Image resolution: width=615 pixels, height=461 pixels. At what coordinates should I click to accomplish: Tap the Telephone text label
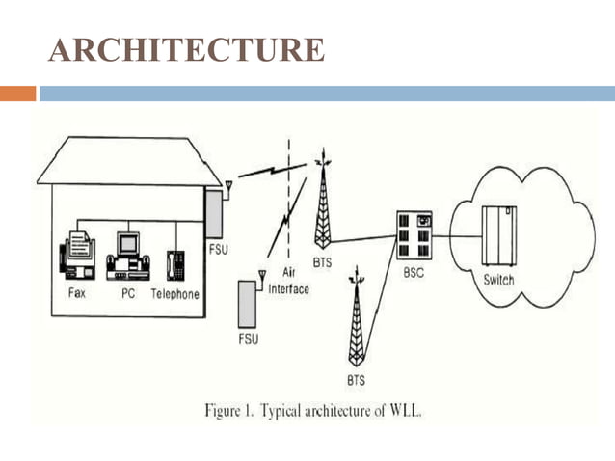175,294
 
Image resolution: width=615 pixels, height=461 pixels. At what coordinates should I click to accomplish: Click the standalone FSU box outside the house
250,303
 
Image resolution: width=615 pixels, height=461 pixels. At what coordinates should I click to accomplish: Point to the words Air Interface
289,282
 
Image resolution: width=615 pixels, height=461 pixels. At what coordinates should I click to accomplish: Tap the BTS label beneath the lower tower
356,379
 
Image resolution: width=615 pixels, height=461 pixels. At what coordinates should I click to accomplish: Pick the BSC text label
413,273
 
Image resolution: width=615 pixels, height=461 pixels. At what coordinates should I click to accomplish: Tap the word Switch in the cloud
498,281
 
